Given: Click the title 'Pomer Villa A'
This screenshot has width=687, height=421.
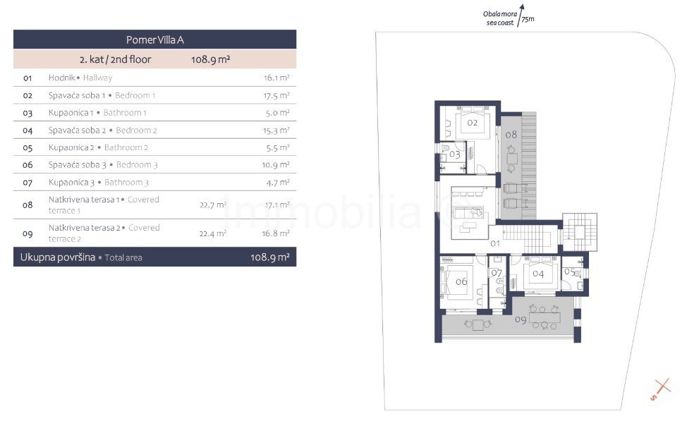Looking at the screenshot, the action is coord(155,40).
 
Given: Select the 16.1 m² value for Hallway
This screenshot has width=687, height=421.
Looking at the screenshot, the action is coord(276,78).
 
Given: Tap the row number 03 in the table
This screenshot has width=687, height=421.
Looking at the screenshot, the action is coord(28,113).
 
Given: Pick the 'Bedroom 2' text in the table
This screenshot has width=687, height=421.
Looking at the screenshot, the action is coord(136,130).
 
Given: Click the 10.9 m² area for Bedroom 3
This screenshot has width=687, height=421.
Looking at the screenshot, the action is coord(276,165).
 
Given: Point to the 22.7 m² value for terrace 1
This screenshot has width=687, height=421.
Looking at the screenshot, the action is coord(213,205).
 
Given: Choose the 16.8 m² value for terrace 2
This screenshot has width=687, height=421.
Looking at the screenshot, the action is coord(276,233).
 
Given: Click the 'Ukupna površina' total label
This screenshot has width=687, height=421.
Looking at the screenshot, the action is coord(58,257).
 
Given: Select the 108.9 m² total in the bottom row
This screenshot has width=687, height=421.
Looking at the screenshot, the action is coord(270,257).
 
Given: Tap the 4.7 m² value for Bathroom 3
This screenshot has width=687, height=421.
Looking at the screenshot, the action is coord(278,182).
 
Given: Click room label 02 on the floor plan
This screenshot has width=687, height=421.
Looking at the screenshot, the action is coord(473,123).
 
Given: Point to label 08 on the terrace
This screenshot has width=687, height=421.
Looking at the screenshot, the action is coord(511,135).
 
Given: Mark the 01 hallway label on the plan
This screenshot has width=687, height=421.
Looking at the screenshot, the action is coord(495,243).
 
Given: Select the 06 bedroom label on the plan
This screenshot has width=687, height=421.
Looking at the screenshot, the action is coord(461,281).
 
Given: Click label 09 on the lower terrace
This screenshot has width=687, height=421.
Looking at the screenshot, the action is coord(521,319).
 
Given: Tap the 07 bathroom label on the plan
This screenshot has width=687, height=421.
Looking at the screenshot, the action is coord(497,273).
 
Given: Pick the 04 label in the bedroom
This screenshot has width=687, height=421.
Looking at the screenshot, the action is coord(538,274).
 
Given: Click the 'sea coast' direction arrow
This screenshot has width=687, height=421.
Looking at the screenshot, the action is coord(520,16).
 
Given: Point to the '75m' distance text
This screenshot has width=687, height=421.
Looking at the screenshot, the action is coord(528,19).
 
